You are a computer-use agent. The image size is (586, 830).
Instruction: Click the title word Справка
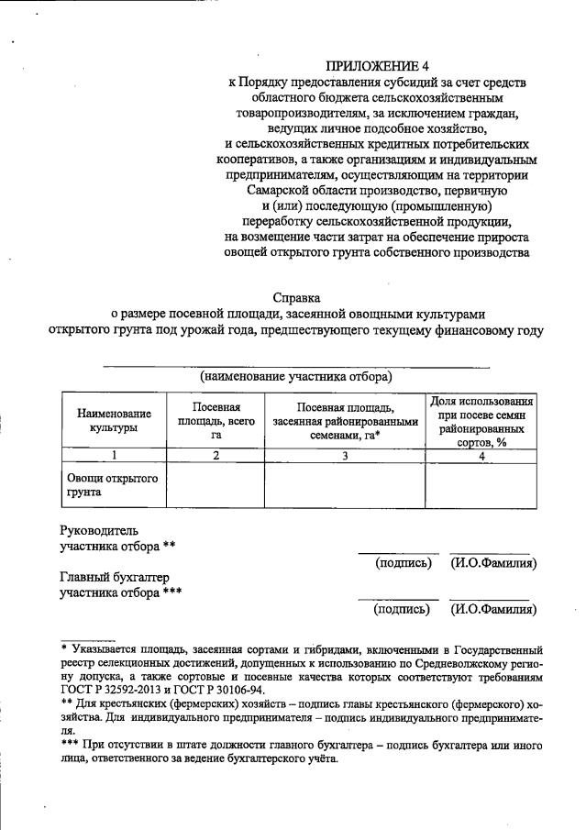(x=297, y=297)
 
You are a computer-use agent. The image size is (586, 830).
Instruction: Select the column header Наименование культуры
(x=114, y=420)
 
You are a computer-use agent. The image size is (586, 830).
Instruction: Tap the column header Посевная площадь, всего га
(x=216, y=420)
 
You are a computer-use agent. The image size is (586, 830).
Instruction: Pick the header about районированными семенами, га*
(x=345, y=420)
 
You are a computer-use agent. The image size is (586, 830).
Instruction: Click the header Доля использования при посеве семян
(x=481, y=420)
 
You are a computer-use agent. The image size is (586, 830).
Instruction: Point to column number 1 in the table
(x=114, y=455)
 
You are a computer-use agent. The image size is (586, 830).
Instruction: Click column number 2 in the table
(x=216, y=455)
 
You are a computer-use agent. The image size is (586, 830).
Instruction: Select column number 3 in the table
(x=345, y=455)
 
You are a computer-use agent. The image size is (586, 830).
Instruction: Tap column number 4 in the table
(x=481, y=455)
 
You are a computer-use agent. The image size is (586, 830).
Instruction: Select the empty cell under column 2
(x=216, y=485)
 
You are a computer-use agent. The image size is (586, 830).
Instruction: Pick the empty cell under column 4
(x=481, y=485)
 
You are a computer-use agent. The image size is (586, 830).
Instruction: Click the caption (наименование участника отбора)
(x=296, y=377)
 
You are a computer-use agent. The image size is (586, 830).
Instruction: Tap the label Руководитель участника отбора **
(x=117, y=537)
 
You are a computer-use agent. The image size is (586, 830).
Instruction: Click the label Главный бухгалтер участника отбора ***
(x=120, y=584)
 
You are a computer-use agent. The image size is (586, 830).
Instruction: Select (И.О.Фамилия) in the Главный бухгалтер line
(x=493, y=608)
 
